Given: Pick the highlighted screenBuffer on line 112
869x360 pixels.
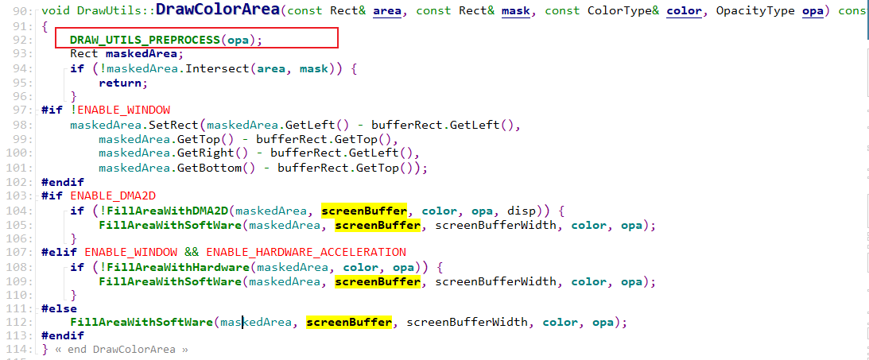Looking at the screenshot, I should click(349, 322).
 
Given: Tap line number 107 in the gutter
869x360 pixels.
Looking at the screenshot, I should click(20, 253).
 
